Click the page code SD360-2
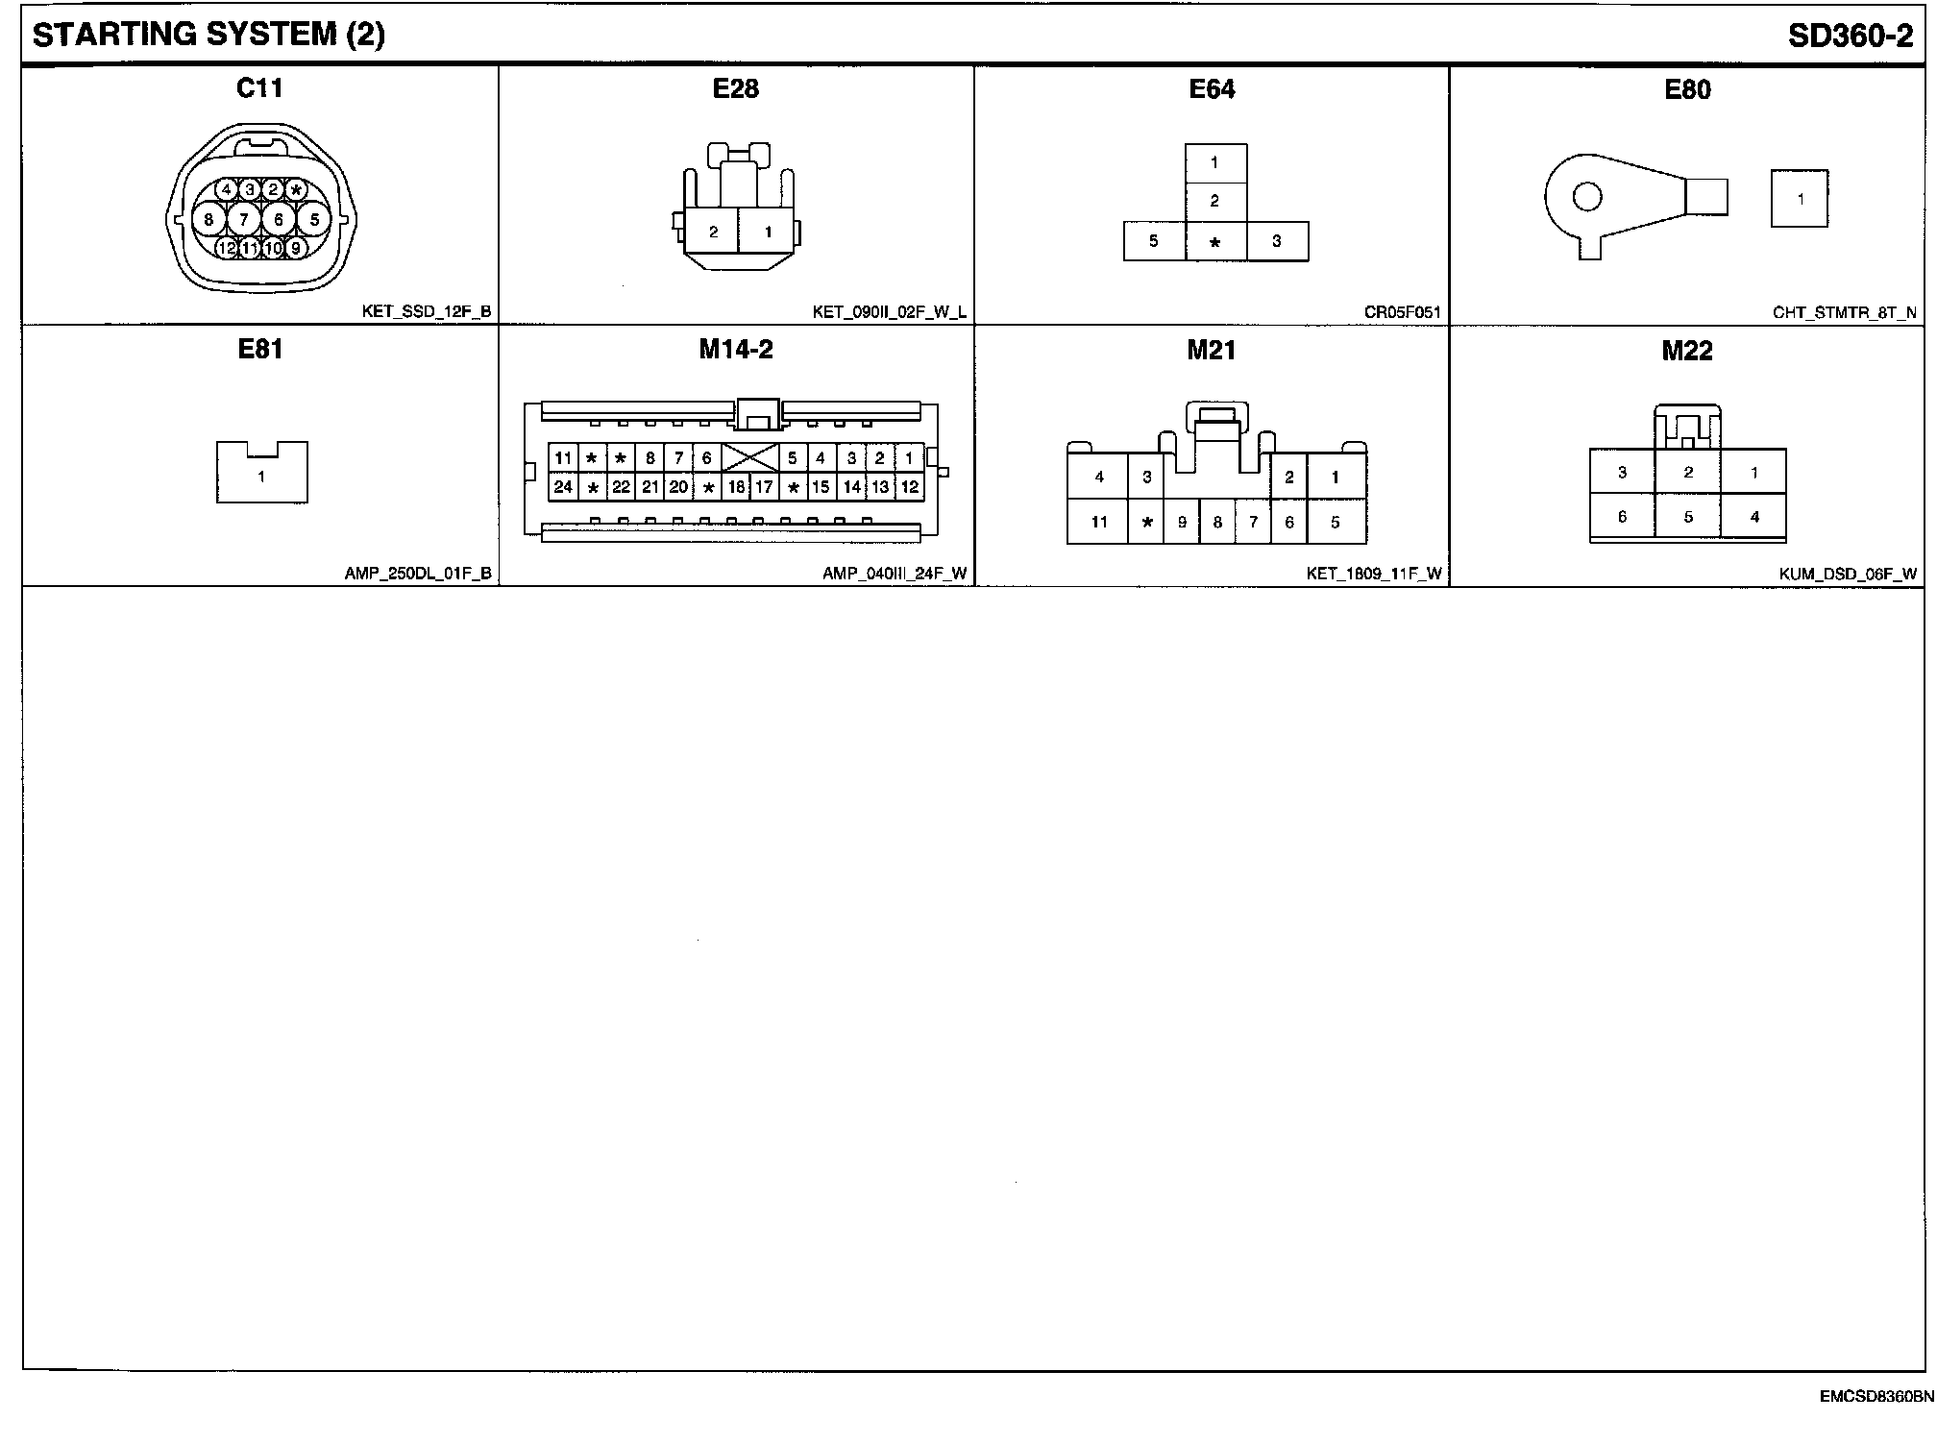click(x=1850, y=36)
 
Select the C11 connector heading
click(x=259, y=88)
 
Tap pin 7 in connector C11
click(x=244, y=220)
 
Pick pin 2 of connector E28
click(x=713, y=232)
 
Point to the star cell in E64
click(x=1215, y=242)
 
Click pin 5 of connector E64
click(x=1154, y=241)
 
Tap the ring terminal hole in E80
click(x=1587, y=198)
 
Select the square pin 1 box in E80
click(x=1800, y=199)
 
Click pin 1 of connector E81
click(x=261, y=477)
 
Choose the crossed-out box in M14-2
click(x=749, y=457)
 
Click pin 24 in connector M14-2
click(x=563, y=487)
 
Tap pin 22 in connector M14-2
click(x=622, y=487)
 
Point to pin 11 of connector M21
click(x=1099, y=523)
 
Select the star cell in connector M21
click(x=1146, y=523)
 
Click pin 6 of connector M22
click(x=1623, y=517)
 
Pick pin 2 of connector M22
click(x=1688, y=473)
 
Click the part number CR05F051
click(x=1402, y=312)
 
